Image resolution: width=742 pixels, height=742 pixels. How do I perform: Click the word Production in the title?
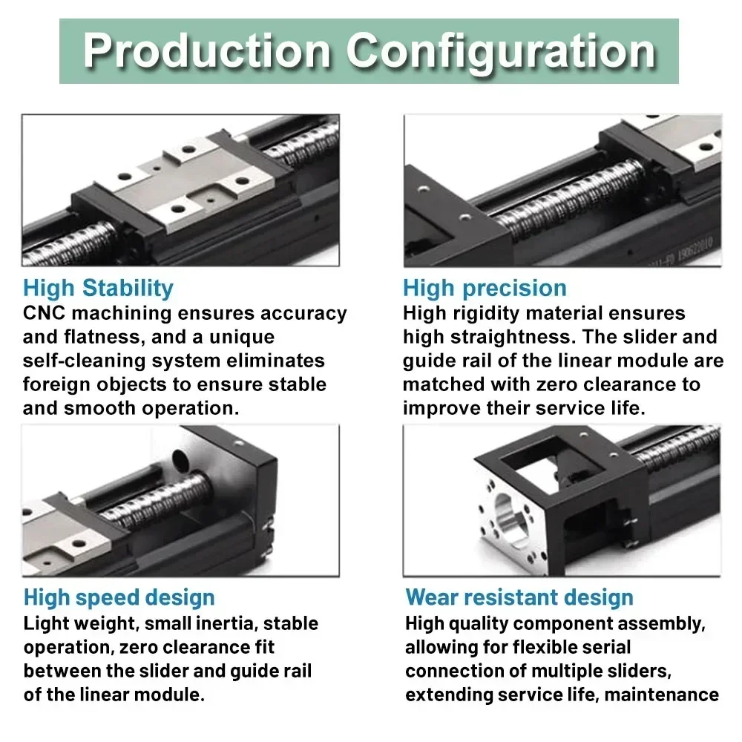pyautogui.click(x=208, y=52)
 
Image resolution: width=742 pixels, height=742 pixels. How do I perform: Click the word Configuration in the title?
pyautogui.click(x=502, y=52)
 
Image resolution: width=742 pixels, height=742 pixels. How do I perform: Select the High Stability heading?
pyautogui.click(x=98, y=288)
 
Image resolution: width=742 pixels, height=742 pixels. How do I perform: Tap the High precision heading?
pyautogui.click(x=485, y=288)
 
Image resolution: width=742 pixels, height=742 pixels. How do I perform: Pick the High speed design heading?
pyautogui.click(x=119, y=597)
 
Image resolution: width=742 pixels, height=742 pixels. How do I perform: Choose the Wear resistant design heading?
pyautogui.click(x=519, y=597)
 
